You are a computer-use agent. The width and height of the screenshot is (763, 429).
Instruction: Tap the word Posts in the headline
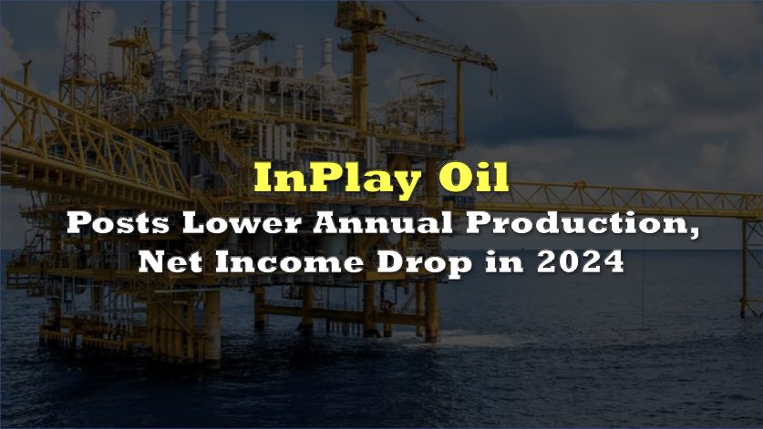pos(119,223)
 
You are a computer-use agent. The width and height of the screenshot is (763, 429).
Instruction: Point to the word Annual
pos(383,223)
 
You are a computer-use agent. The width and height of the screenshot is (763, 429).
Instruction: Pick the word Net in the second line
pos(170,262)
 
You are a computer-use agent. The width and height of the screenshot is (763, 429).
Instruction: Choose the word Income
pos(290,262)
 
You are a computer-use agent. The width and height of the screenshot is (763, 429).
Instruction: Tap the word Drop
pos(424,263)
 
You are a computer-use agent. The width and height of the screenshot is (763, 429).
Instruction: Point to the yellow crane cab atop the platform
pos(360,15)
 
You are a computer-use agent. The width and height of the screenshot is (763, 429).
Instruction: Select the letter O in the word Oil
pos(455,177)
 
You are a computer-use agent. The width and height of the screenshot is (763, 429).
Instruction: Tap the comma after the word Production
pos(694,234)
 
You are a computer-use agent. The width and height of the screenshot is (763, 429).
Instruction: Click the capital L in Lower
pos(195,223)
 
